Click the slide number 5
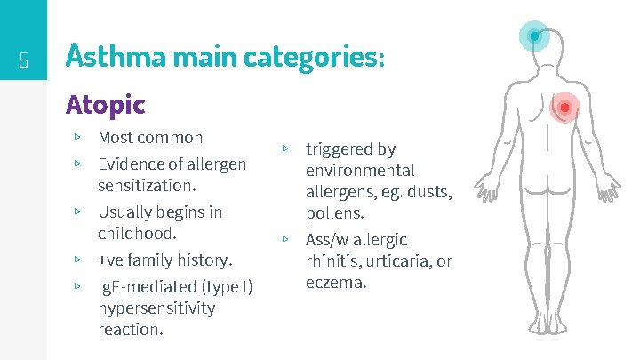tap(25, 61)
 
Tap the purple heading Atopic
tap(105, 105)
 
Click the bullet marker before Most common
tap(78, 138)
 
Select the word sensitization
tap(147, 186)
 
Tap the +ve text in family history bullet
tap(112, 260)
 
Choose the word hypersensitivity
tap(156, 308)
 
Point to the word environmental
tap(360, 171)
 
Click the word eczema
tap(334, 283)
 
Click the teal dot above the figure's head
tap(533, 36)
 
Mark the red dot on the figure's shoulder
tap(564, 108)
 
